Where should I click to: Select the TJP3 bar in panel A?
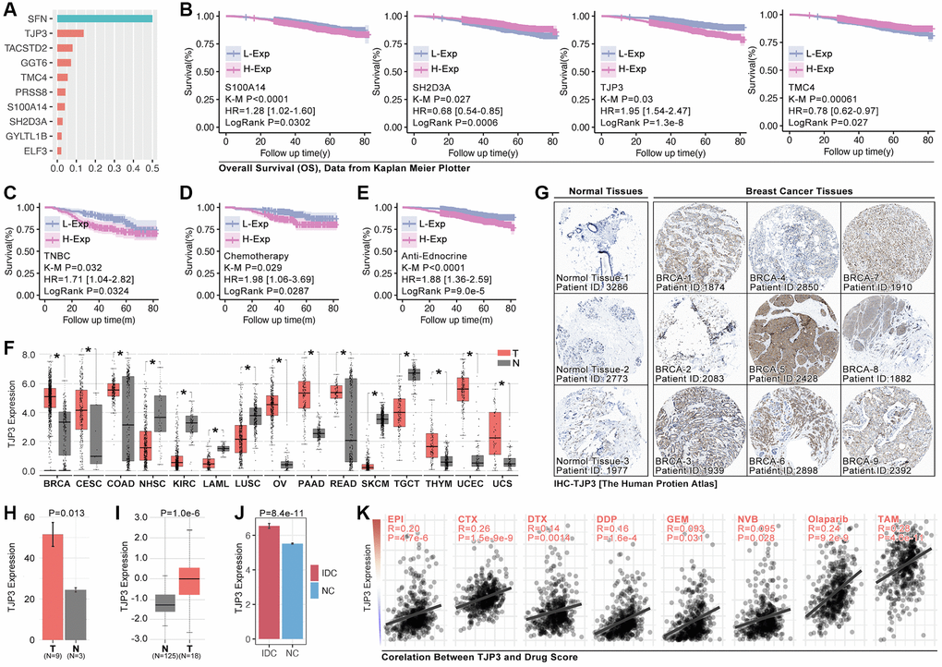69,32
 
